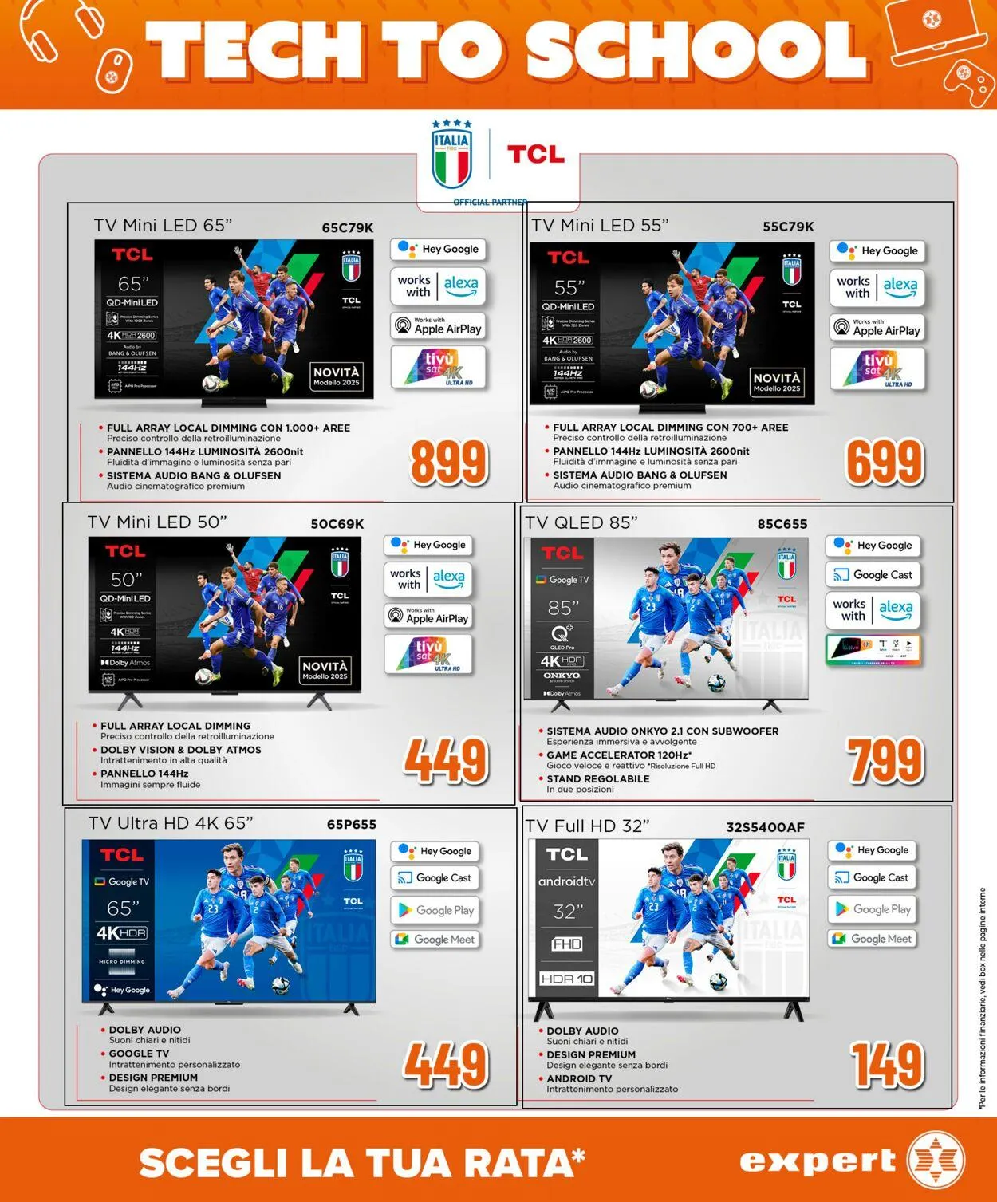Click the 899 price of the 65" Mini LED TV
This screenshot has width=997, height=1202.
[x=448, y=462]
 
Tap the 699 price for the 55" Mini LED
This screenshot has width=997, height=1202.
[x=884, y=463]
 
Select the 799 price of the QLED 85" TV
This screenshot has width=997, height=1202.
[x=885, y=761]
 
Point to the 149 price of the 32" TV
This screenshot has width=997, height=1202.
[x=886, y=1065]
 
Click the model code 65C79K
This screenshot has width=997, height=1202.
[x=348, y=227]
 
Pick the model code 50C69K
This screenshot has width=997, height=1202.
[x=337, y=524]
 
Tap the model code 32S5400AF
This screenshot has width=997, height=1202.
[x=765, y=827]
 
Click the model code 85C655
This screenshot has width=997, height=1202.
[x=782, y=524]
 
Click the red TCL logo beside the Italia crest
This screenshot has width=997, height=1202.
[x=535, y=153]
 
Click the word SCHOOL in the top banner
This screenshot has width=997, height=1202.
[x=696, y=49]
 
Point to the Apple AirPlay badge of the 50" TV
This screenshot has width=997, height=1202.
[x=428, y=615]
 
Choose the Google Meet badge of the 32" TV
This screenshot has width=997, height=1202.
[x=872, y=939]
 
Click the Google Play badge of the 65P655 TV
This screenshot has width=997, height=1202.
[x=436, y=910]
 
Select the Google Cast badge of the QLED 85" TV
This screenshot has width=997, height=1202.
[x=873, y=574]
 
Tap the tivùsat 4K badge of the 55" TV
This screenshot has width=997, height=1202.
[x=877, y=368]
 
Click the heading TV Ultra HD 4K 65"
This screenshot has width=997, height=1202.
[x=171, y=823]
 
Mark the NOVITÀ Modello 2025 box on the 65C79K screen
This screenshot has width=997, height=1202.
[x=337, y=376]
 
